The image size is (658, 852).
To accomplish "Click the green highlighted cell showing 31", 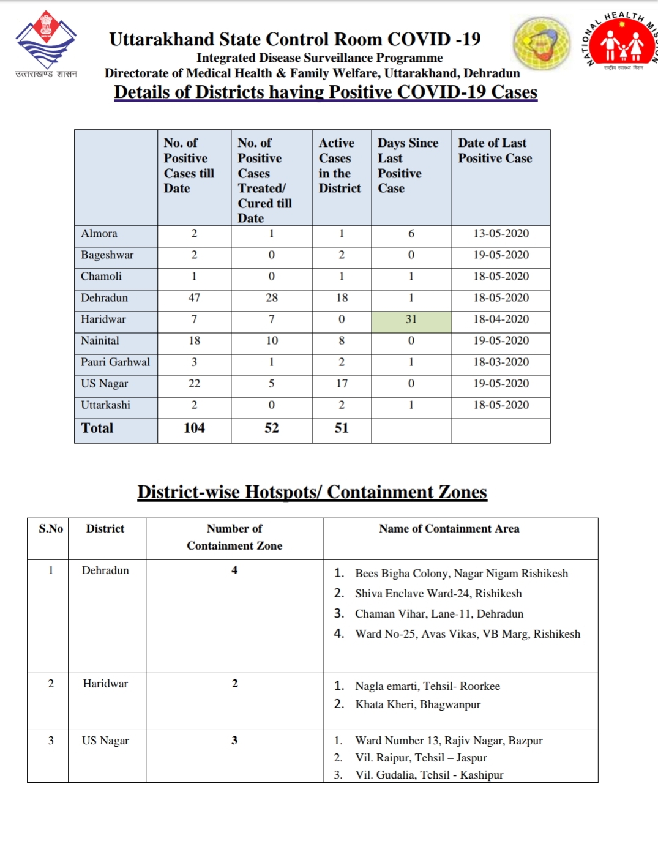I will coord(411,319).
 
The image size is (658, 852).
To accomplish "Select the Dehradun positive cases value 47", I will coord(194,298).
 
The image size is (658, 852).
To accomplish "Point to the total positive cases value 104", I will coord(194,428).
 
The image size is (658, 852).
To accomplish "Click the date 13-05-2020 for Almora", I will coord(501,234).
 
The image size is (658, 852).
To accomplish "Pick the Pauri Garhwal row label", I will coord(115,362).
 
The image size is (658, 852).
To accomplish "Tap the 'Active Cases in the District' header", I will coord(340,166).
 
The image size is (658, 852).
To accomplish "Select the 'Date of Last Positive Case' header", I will coord(495,151).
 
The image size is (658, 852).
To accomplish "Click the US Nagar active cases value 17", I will coord(342,384).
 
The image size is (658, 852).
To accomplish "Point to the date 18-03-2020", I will coord(501,362).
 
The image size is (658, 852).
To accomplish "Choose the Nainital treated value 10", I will coord(272,341).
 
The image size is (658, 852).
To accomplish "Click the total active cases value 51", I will coord(342,428).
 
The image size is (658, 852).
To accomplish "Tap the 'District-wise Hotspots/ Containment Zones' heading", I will coord(312,492).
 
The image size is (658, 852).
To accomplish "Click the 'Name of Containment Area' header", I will coord(449,529).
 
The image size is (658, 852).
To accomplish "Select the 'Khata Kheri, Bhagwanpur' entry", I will coord(417,704).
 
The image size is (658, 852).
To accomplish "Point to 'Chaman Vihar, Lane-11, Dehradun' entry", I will coord(439,614).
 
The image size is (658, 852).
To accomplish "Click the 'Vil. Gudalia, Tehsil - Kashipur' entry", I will coord(429,775).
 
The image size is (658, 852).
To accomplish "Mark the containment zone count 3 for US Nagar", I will coord(234,741).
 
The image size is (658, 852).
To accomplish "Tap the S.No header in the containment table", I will coord(51,529).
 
